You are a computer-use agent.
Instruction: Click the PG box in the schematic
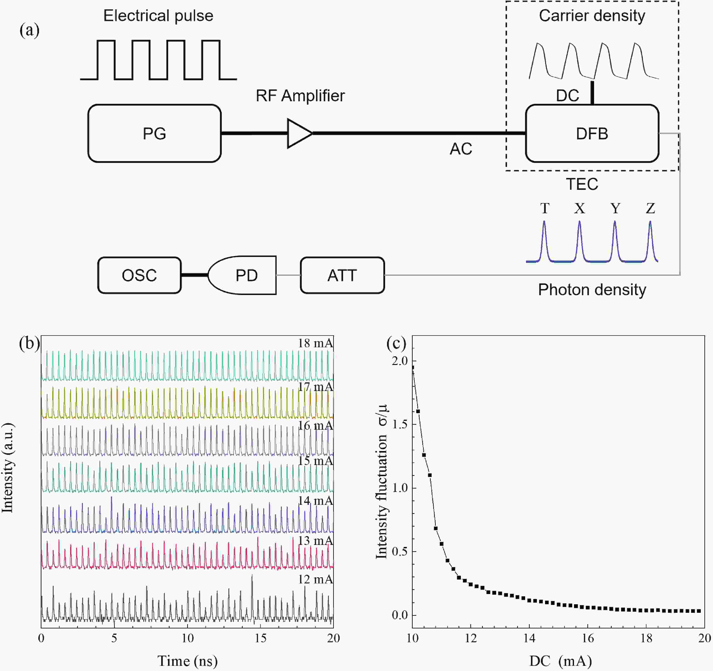pyautogui.click(x=154, y=133)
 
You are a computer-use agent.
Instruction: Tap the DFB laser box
pyautogui.click(x=592, y=133)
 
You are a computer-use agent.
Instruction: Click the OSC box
pyautogui.click(x=139, y=276)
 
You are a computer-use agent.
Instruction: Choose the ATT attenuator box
pyautogui.click(x=342, y=276)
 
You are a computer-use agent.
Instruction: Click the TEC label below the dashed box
pyautogui.click(x=582, y=184)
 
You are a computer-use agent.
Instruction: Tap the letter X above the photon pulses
pyautogui.click(x=579, y=208)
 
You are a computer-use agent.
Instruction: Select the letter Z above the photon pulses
pyautogui.click(x=650, y=208)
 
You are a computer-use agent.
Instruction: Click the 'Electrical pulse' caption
pyautogui.click(x=158, y=16)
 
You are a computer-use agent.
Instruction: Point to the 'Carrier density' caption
pyautogui.click(x=592, y=16)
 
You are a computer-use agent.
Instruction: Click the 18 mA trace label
pyautogui.click(x=315, y=343)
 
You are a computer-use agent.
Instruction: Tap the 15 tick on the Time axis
pyautogui.click(x=260, y=638)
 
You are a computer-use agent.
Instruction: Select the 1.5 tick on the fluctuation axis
pyautogui.click(x=400, y=424)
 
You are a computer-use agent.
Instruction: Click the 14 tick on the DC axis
pyautogui.click(x=529, y=638)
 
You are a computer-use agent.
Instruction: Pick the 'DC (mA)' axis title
pyautogui.click(x=560, y=661)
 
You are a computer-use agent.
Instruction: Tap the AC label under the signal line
pyautogui.click(x=461, y=149)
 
